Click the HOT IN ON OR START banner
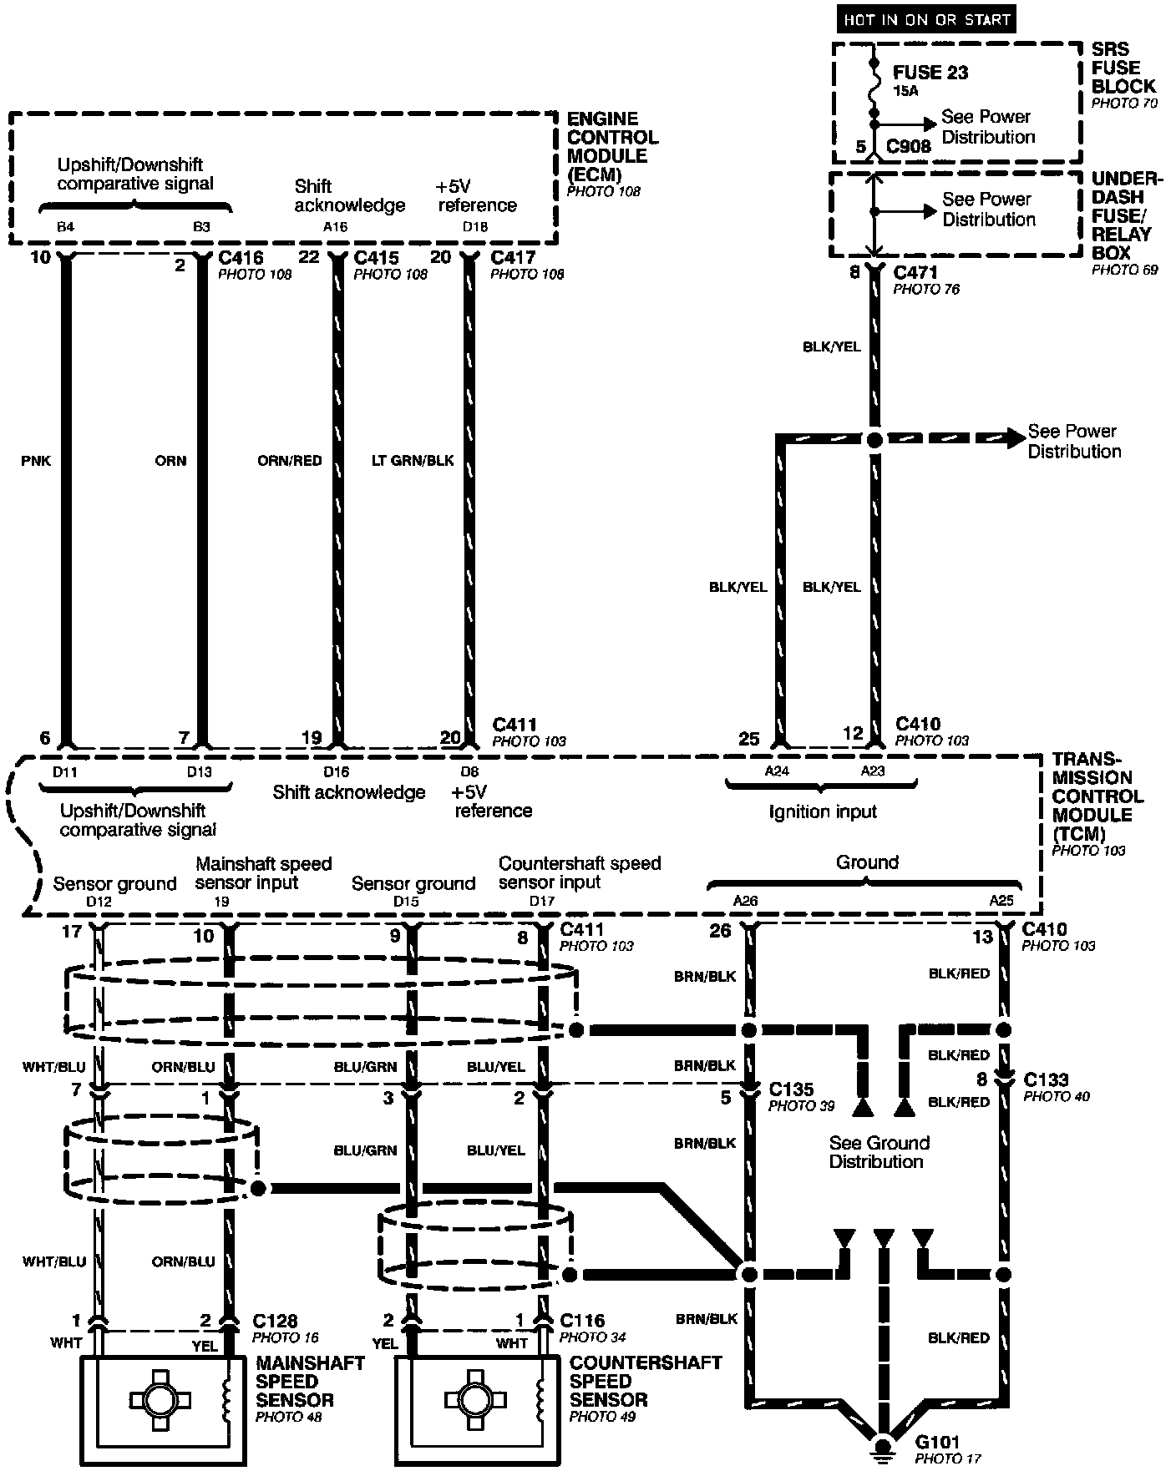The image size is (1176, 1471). (x=925, y=20)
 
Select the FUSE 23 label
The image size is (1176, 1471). (x=930, y=73)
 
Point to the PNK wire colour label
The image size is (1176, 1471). (x=36, y=461)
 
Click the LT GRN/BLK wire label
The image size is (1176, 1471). (x=413, y=461)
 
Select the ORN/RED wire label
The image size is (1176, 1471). (x=289, y=461)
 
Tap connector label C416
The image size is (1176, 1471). (x=241, y=257)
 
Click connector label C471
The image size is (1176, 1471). (x=915, y=273)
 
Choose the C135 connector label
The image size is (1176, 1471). (x=791, y=1089)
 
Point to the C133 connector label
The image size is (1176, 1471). (x=1046, y=1079)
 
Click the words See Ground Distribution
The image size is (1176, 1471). (x=879, y=1152)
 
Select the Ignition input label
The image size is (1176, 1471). (x=823, y=811)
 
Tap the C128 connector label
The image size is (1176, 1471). (x=275, y=1322)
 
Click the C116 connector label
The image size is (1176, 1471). (x=582, y=1322)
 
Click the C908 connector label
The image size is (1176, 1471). (x=908, y=147)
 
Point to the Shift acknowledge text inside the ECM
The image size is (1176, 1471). (x=349, y=195)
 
